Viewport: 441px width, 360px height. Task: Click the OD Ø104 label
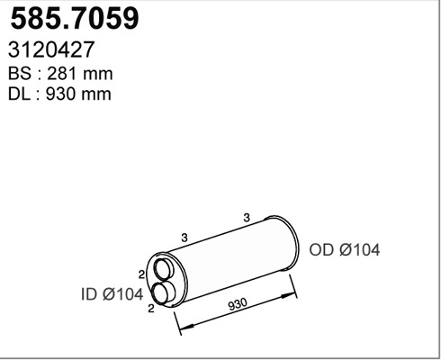pos(344,249)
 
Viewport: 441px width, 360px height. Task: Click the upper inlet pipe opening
pos(166,268)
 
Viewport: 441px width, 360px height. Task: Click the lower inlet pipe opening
pos(164,292)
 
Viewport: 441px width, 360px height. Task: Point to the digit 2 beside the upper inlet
pos(142,274)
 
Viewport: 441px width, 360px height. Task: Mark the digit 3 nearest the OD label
pos(245,217)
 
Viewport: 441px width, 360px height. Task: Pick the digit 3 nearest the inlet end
pos(184,238)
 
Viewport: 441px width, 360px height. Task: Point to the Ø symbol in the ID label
pos(112,292)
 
